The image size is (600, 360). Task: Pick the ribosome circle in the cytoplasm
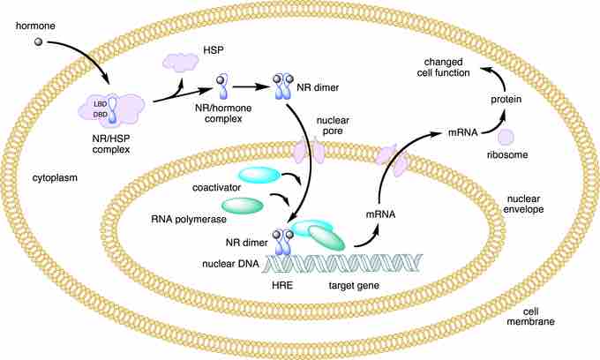click(506, 137)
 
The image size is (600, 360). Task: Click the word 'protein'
click(506, 101)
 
